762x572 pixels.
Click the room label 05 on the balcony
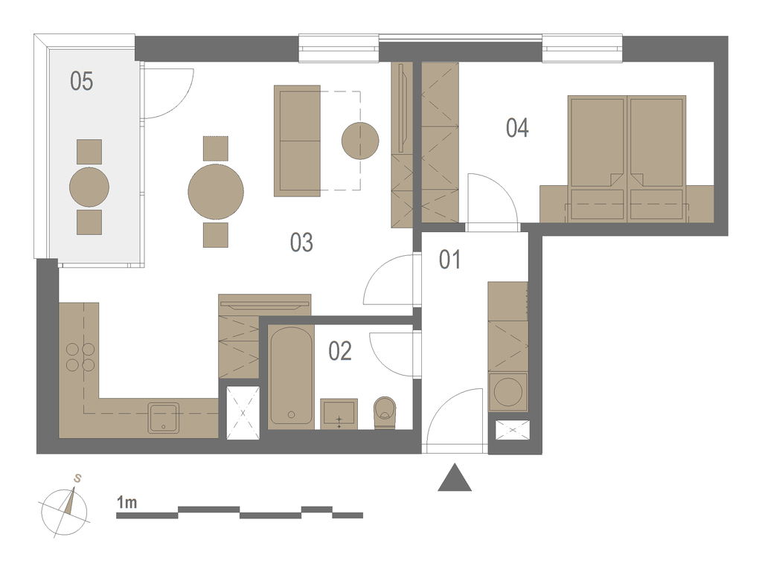81,81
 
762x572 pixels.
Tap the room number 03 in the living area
301,242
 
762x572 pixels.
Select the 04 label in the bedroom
517,128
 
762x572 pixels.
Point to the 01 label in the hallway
449,260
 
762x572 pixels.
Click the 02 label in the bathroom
339,351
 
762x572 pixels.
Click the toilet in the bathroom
385,413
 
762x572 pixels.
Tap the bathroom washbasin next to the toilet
339,414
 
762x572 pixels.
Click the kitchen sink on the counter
163,417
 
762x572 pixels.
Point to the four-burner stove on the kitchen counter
80,357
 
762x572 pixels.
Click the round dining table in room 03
216,191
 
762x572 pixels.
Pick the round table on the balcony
89,187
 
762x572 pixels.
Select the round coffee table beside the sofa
360,141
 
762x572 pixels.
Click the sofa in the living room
297,141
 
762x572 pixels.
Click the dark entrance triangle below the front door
455,478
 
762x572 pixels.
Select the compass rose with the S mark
65,509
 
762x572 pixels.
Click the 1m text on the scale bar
127,502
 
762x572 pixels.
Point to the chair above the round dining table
216,149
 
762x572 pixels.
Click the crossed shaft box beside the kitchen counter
243,413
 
